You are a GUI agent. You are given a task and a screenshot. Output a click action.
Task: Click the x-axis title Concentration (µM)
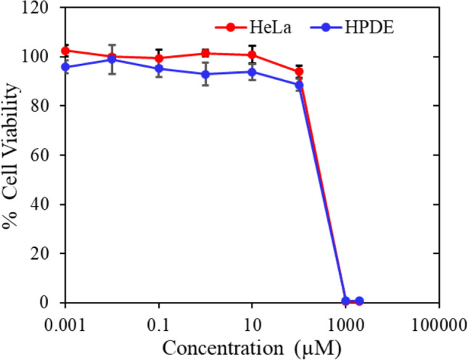pos(252,348)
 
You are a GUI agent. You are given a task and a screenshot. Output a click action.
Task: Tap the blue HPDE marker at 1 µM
pos(205,74)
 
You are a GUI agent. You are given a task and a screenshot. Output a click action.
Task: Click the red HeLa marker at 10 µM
pos(252,54)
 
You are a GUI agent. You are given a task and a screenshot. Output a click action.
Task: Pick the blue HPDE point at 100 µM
pos(298,85)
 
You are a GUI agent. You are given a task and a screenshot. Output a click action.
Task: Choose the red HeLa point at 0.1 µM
pos(159,58)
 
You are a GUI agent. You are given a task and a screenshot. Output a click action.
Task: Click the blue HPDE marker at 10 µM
pos(252,72)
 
